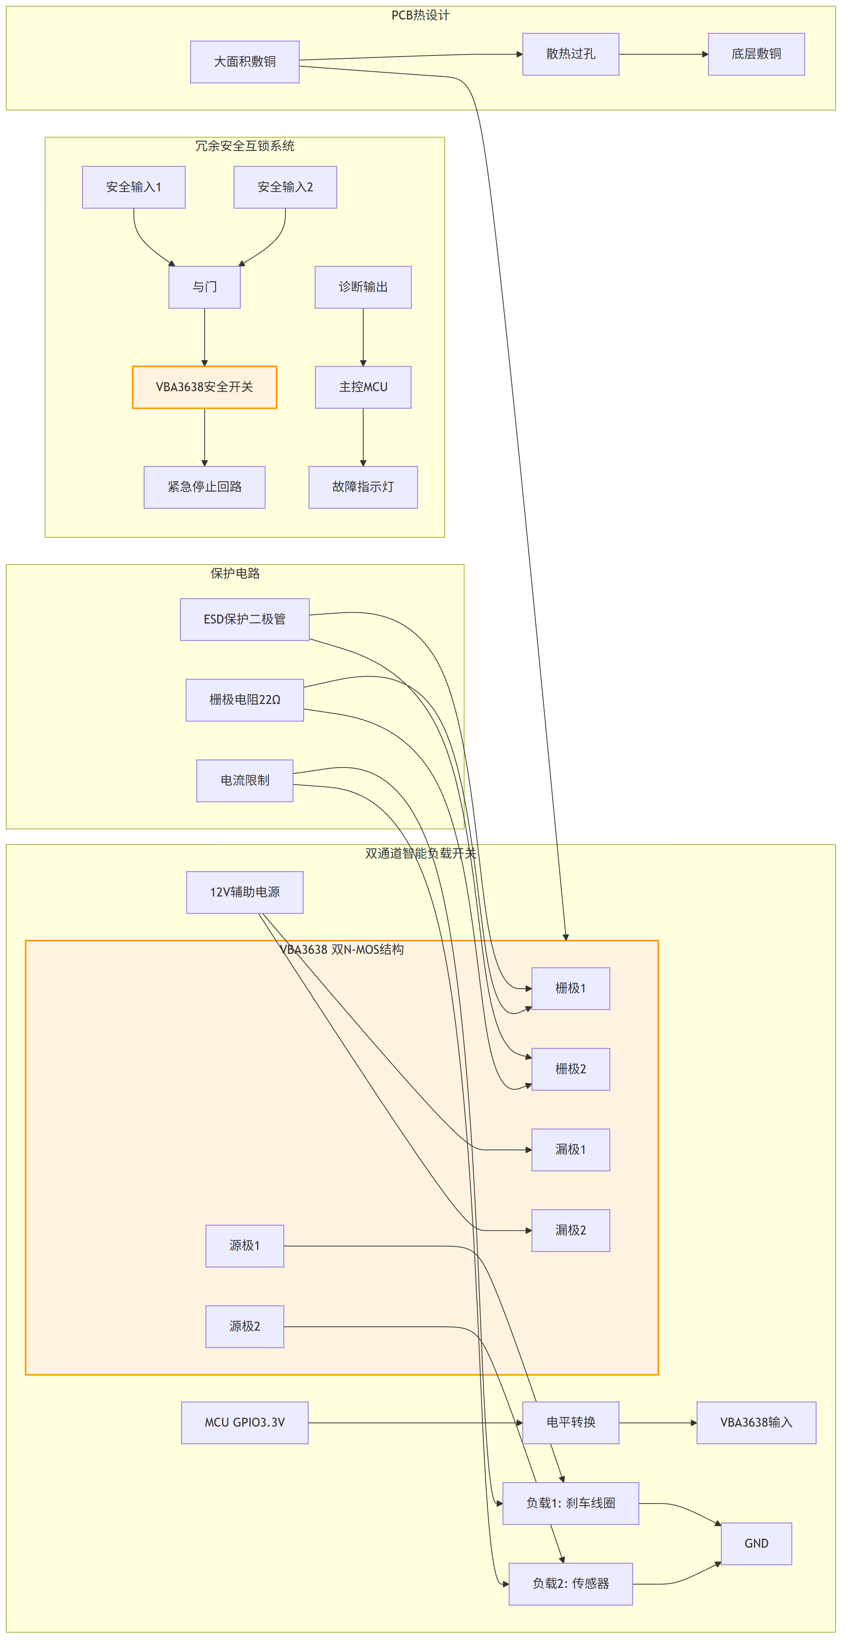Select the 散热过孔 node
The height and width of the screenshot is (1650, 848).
tap(571, 54)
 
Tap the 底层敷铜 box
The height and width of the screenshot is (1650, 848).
tap(756, 54)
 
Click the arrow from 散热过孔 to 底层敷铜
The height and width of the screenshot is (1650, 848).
tap(664, 54)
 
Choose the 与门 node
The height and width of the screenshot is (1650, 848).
tap(204, 287)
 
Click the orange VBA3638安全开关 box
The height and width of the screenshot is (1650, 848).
tap(204, 387)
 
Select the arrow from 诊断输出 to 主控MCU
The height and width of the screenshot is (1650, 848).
tap(363, 337)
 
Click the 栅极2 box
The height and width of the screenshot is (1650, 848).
tap(571, 1069)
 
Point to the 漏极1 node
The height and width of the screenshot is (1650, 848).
tap(571, 1150)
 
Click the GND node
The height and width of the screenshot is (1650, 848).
tap(756, 1544)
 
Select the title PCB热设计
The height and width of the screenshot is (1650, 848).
tap(420, 15)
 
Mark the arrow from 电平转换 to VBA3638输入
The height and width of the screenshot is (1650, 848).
tap(658, 1423)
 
